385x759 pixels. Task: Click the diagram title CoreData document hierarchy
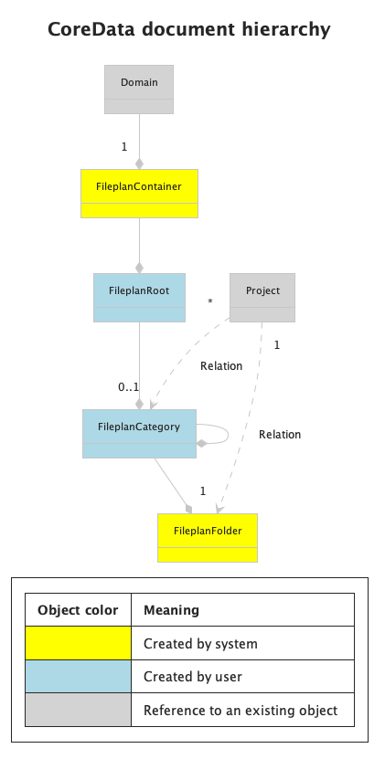[188, 30]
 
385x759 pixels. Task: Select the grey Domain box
[139, 89]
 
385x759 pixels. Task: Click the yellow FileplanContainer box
[139, 193]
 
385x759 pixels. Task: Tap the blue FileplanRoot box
[139, 297]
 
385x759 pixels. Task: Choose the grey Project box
[262, 297]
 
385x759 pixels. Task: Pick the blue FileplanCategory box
[139, 433]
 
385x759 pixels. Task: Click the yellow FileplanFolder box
[208, 537]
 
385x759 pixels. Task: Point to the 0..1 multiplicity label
[128, 387]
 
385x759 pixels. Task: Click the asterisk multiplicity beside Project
[210, 302]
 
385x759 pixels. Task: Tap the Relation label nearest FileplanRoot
[221, 366]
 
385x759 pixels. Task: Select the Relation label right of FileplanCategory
[280, 435]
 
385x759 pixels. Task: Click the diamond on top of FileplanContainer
[139, 164]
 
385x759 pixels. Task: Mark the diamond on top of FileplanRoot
[139, 268]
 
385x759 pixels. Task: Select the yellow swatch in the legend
[78, 644]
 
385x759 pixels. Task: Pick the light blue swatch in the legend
[78, 677]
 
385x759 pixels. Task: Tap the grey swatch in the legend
[78, 711]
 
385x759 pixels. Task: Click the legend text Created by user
[193, 677]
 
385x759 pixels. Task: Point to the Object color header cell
[78, 610]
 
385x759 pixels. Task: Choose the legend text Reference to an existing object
[241, 711]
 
